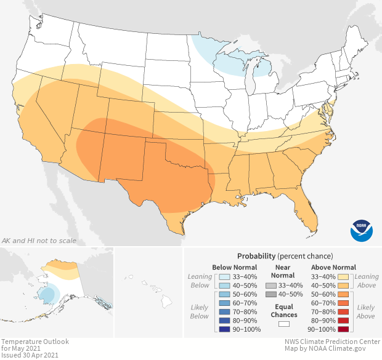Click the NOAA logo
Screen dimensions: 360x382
point(362,230)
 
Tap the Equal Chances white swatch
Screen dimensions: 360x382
point(284,324)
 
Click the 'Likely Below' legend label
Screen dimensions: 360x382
point(200,312)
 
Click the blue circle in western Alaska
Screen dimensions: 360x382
point(47,295)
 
